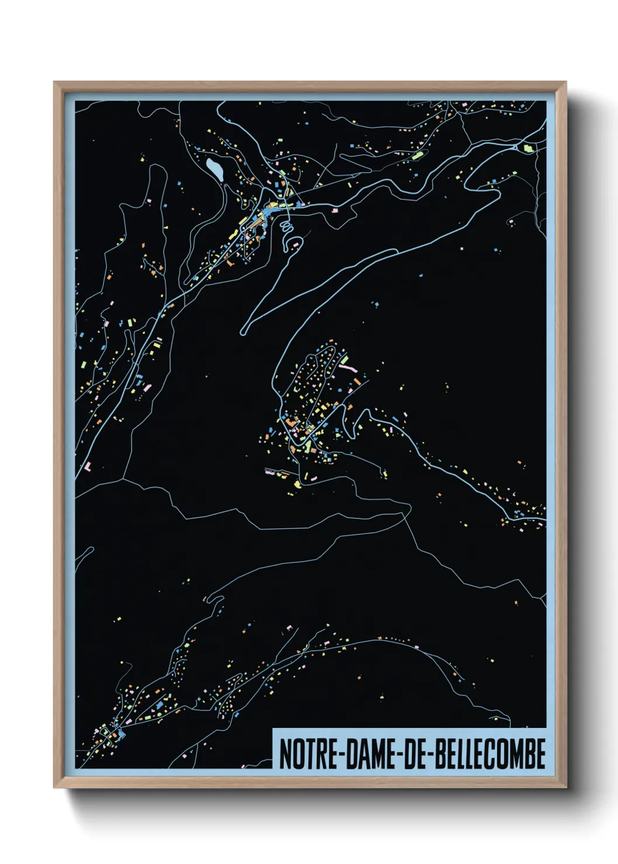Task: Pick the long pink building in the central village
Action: (348, 368)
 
